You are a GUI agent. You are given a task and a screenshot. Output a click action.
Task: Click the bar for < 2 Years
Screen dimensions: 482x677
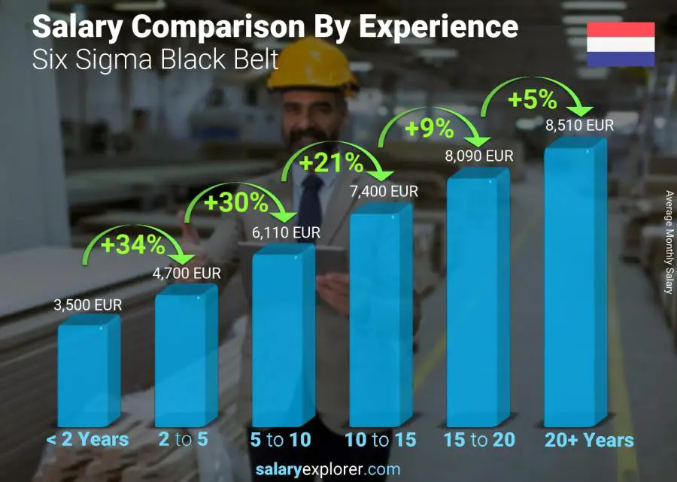[88, 372]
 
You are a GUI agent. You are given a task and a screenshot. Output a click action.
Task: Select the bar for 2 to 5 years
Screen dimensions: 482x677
[185, 357]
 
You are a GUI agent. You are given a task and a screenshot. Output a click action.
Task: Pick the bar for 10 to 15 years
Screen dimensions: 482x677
[380, 316]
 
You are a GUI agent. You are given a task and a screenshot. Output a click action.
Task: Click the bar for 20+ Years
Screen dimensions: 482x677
[575, 286]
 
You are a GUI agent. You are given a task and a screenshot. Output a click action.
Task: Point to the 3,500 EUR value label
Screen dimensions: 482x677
[87, 306]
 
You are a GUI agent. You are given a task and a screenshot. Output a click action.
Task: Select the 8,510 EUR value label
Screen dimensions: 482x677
[579, 126]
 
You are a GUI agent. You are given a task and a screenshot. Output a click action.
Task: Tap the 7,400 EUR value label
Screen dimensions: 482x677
[384, 192]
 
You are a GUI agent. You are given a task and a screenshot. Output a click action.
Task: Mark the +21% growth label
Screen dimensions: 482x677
[331, 162]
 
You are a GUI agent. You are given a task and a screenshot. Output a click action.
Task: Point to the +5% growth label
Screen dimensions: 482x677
[532, 99]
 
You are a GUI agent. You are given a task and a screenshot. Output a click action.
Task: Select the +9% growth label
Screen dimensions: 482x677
[429, 129]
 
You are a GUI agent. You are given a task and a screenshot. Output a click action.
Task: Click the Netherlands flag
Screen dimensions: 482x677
[621, 45]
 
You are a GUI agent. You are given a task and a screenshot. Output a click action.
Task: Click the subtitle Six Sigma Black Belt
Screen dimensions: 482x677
[155, 59]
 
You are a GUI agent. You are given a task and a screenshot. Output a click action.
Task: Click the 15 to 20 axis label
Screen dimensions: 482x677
[478, 440]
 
